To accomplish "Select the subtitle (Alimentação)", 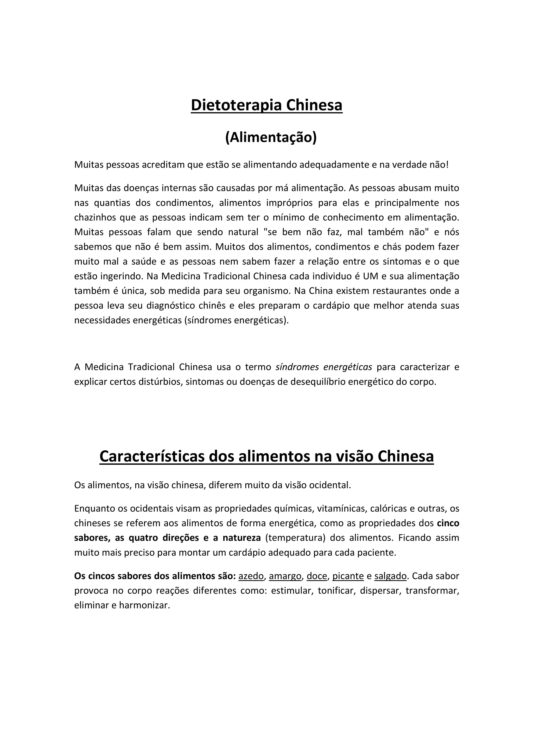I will click(x=271, y=137).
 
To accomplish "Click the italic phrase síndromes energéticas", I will click(x=323, y=367).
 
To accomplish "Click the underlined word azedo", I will click(x=251, y=576).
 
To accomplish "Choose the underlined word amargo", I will click(x=285, y=576).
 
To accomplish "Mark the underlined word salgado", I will click(x=390, y=576).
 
